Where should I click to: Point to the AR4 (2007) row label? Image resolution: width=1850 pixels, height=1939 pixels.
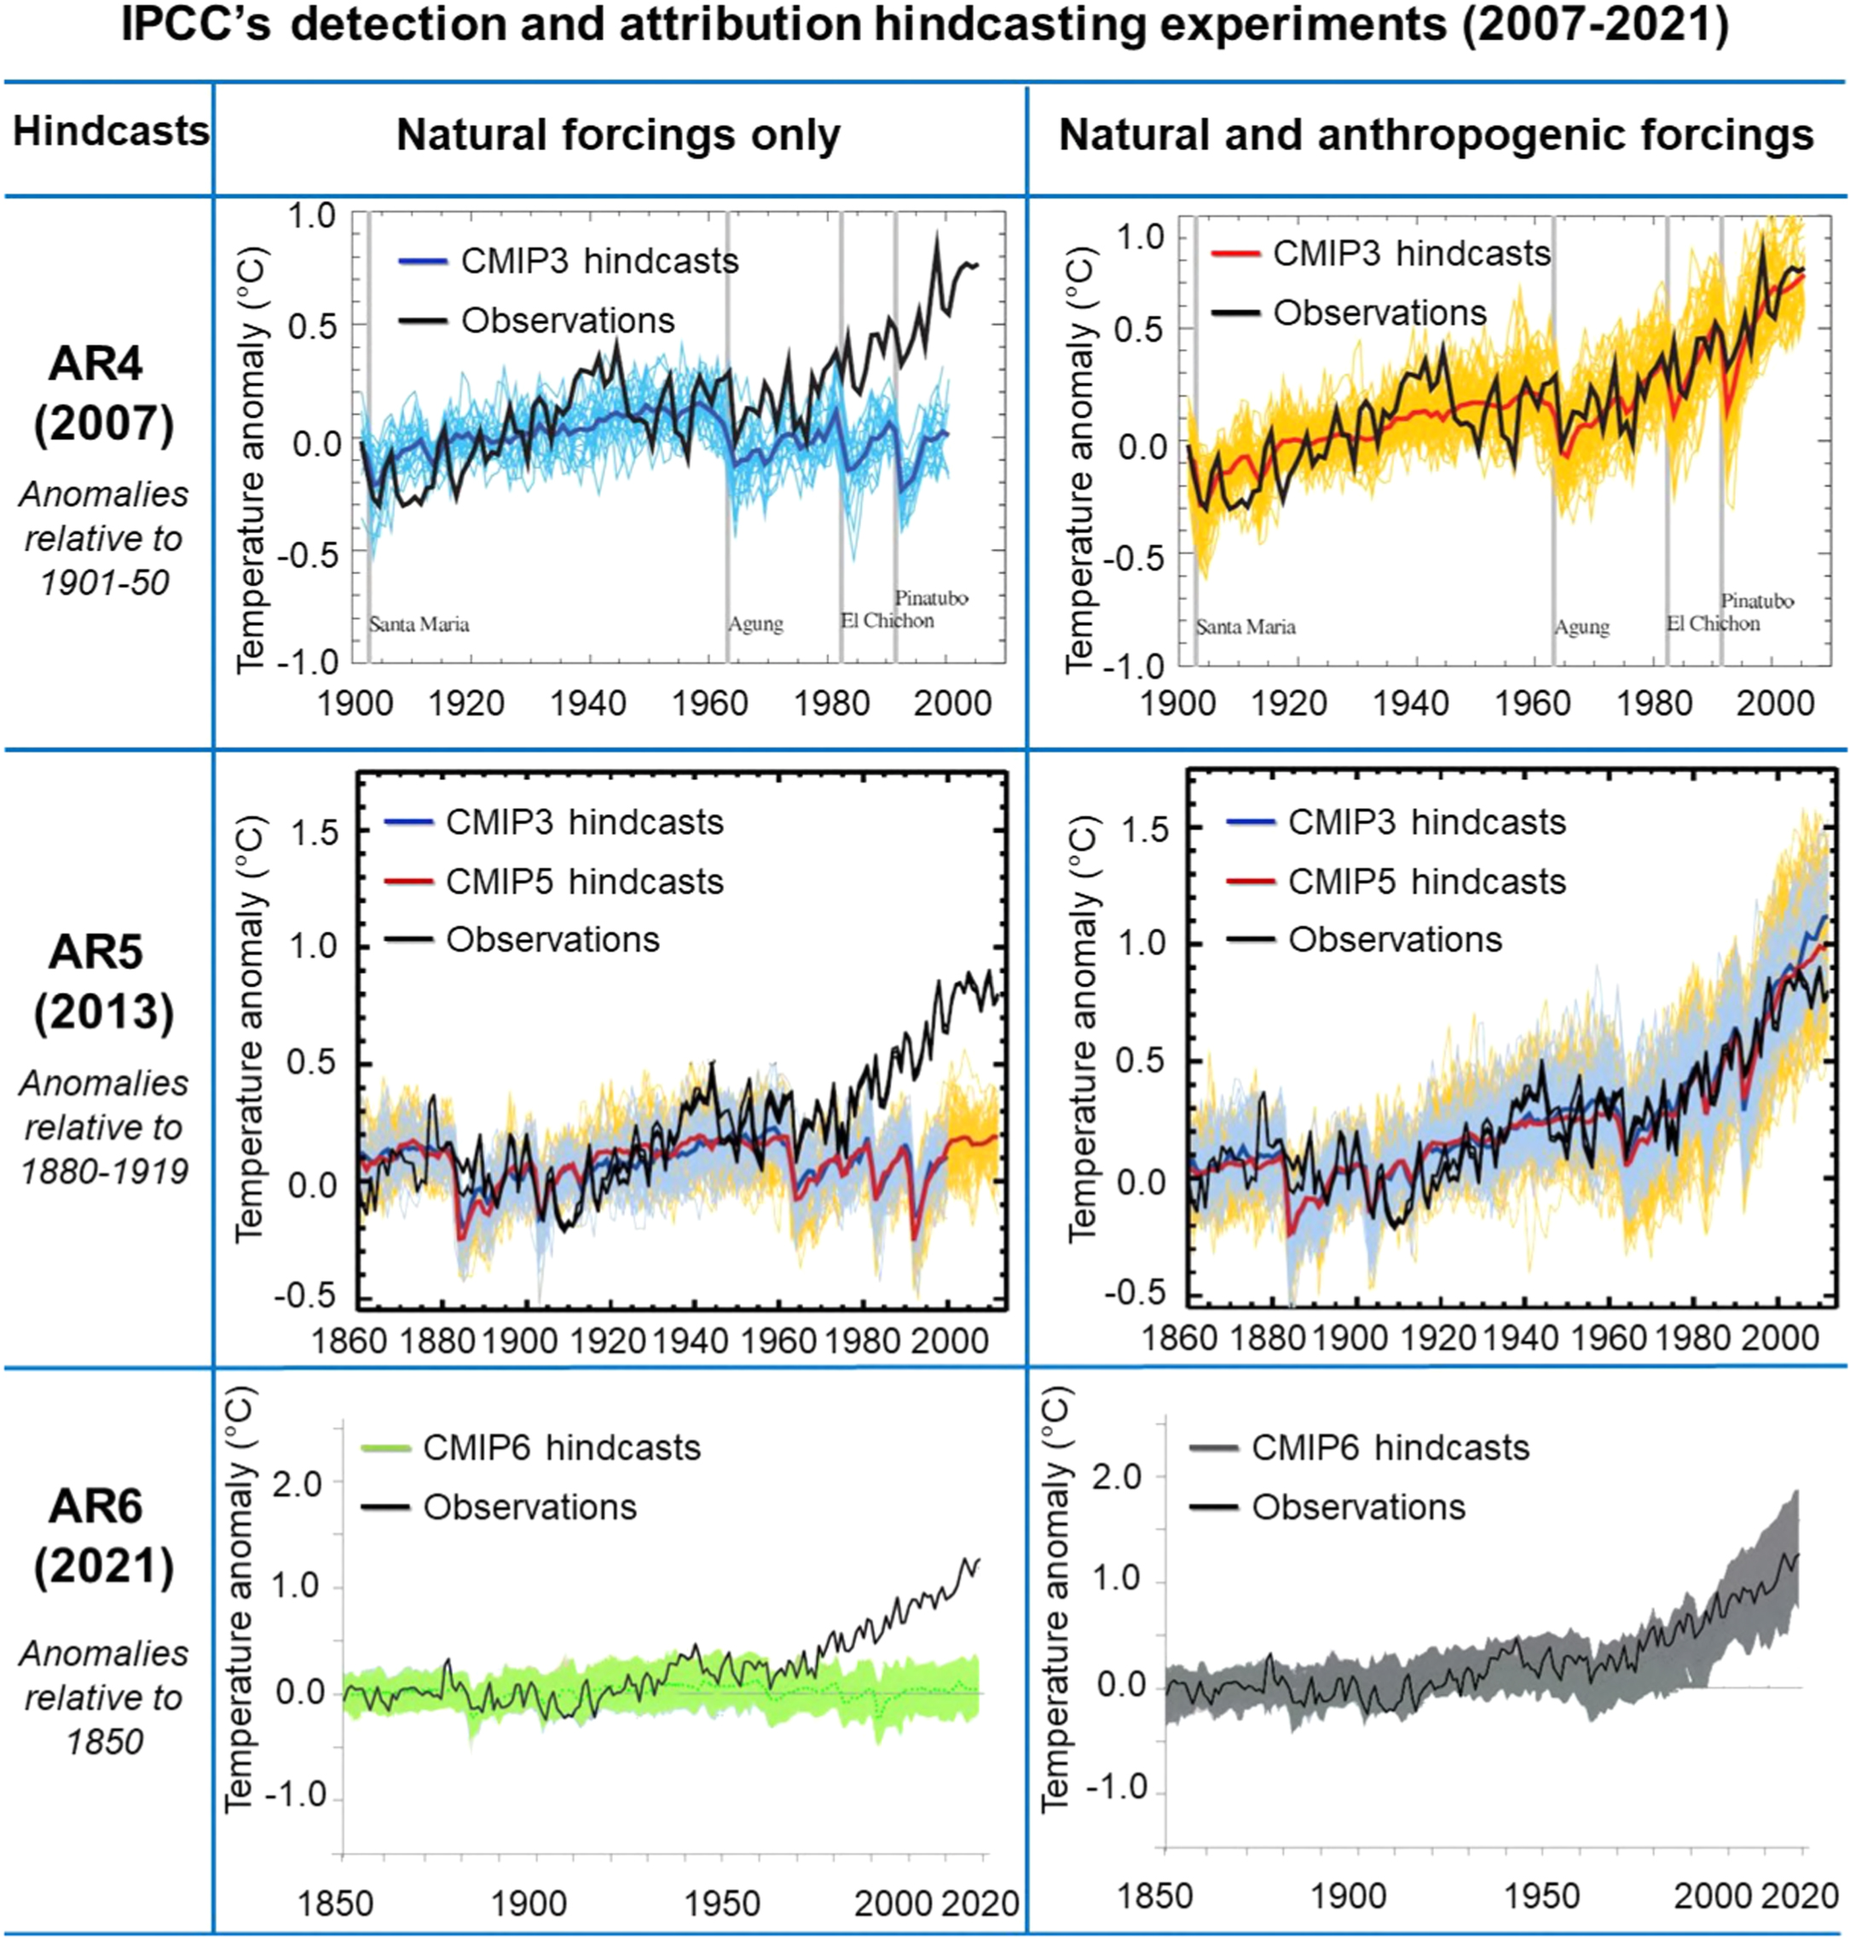[103, 395]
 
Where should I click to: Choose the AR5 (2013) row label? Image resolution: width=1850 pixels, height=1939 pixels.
[103, 982]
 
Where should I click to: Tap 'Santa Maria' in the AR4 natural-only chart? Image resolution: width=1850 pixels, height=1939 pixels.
[419, 624]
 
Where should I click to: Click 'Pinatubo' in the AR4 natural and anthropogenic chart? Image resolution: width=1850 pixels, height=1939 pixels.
[1757, 600]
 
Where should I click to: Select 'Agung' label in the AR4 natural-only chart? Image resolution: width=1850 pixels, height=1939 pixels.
[755, 624]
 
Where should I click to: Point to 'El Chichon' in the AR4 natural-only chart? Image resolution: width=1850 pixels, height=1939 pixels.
[887, 622]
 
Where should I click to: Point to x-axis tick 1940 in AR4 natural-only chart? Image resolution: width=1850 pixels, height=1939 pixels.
[587, 704]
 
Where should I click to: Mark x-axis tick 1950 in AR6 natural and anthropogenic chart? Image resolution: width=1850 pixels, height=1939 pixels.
[1541, 1896]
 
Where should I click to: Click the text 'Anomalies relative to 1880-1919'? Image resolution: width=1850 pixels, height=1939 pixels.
[103, 1127]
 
